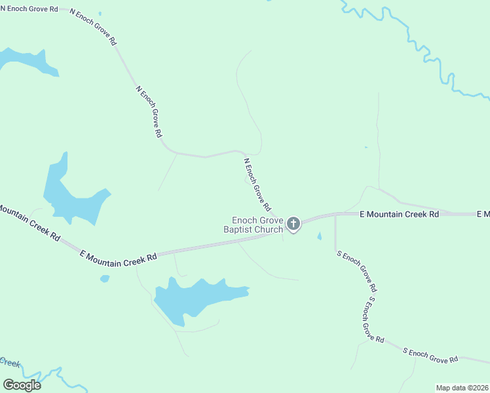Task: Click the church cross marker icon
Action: coord(293,225)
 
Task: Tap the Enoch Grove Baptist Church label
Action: coord(254,225)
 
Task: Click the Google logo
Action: coord(22,385)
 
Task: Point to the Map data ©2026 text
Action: coord(462,388)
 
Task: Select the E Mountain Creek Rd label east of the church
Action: coord(400,214)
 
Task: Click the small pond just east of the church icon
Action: coord(320,236)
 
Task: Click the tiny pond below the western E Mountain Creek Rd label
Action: coord(105,278)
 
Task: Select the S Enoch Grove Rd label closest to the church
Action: coord(356,271)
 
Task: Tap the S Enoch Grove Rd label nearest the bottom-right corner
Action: coord(430,356)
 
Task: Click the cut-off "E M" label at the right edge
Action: coord(483,214)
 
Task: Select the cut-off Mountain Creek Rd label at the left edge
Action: coord(29,223)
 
